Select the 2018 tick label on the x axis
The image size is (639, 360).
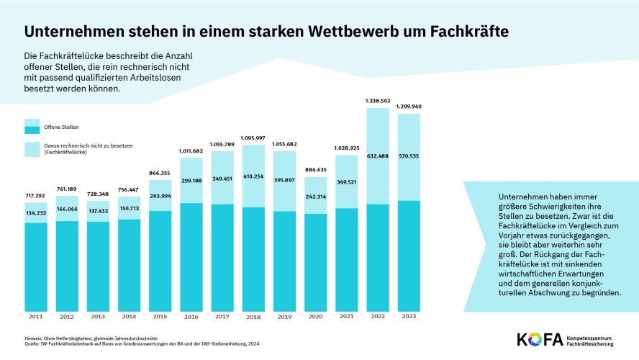click(x=253, y=317)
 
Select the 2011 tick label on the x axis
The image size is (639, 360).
click(x=36, y=317)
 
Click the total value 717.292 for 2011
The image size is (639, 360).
click(x=36, y=196)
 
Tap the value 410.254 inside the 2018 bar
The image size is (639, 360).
click(x=253, y=175)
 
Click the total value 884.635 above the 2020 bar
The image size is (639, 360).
click(x=315, y=171)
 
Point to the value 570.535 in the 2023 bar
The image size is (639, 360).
click(x=408, y=156)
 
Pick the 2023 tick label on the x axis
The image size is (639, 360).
click(x=408, y=317)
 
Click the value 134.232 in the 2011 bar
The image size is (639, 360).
click(x=36, y=212)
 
